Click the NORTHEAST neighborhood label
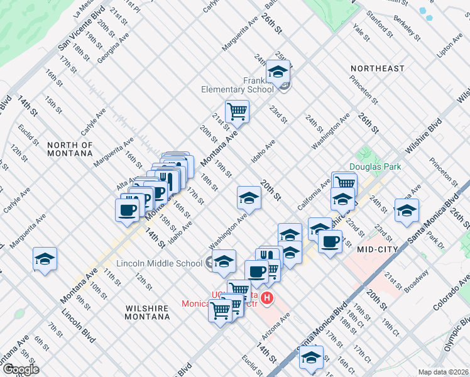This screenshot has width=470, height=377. [378, 68]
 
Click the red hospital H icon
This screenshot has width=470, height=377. [268, 298]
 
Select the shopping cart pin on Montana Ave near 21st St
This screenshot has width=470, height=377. [237, 111]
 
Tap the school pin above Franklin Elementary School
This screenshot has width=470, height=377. [278, 72]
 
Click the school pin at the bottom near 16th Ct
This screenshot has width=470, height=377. [311, 358]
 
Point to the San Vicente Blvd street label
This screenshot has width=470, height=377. [81, 30]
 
